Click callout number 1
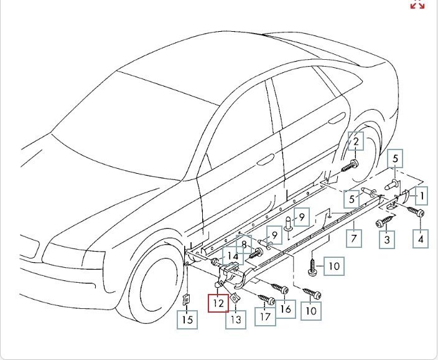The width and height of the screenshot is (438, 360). tap(422, 197)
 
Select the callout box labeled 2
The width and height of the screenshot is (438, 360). tap(356, 142)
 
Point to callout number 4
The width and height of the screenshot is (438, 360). tap(421, 239)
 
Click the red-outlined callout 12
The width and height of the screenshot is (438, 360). tap(218, 304)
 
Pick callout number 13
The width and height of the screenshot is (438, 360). tap(235, 319)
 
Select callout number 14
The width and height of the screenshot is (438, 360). tap(232, 256)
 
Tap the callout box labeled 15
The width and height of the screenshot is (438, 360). tap(187, 320)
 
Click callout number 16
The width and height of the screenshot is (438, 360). tap(286, 309)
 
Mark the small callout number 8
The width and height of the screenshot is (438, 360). tap(245, 244)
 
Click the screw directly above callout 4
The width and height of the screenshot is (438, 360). tap(415, 212)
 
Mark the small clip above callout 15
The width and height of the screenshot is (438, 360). tap(186, 298)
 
